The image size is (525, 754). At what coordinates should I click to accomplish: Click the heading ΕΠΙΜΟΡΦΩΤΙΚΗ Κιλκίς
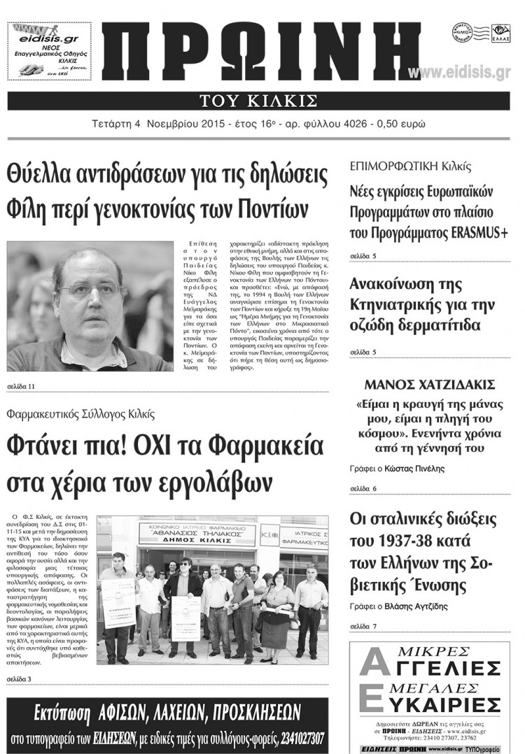pyautogui.click(x=409, y=167)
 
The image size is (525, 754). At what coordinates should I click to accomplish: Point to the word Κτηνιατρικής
pyautogui.click(x=398, y=305)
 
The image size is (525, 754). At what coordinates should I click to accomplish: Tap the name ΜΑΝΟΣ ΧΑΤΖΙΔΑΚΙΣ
pyautogui.click(x=430, y=385)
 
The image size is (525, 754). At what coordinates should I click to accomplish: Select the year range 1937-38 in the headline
pyautogui.click(x=405, y=542)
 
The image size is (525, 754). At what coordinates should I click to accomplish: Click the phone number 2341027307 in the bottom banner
pyautogui.click(x=289, y=739)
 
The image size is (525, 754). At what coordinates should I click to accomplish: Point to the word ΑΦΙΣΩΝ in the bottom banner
pyautogui.click(x=125, y=713)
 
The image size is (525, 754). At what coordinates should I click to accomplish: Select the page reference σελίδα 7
pyautogui.click(x=363, y=626)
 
